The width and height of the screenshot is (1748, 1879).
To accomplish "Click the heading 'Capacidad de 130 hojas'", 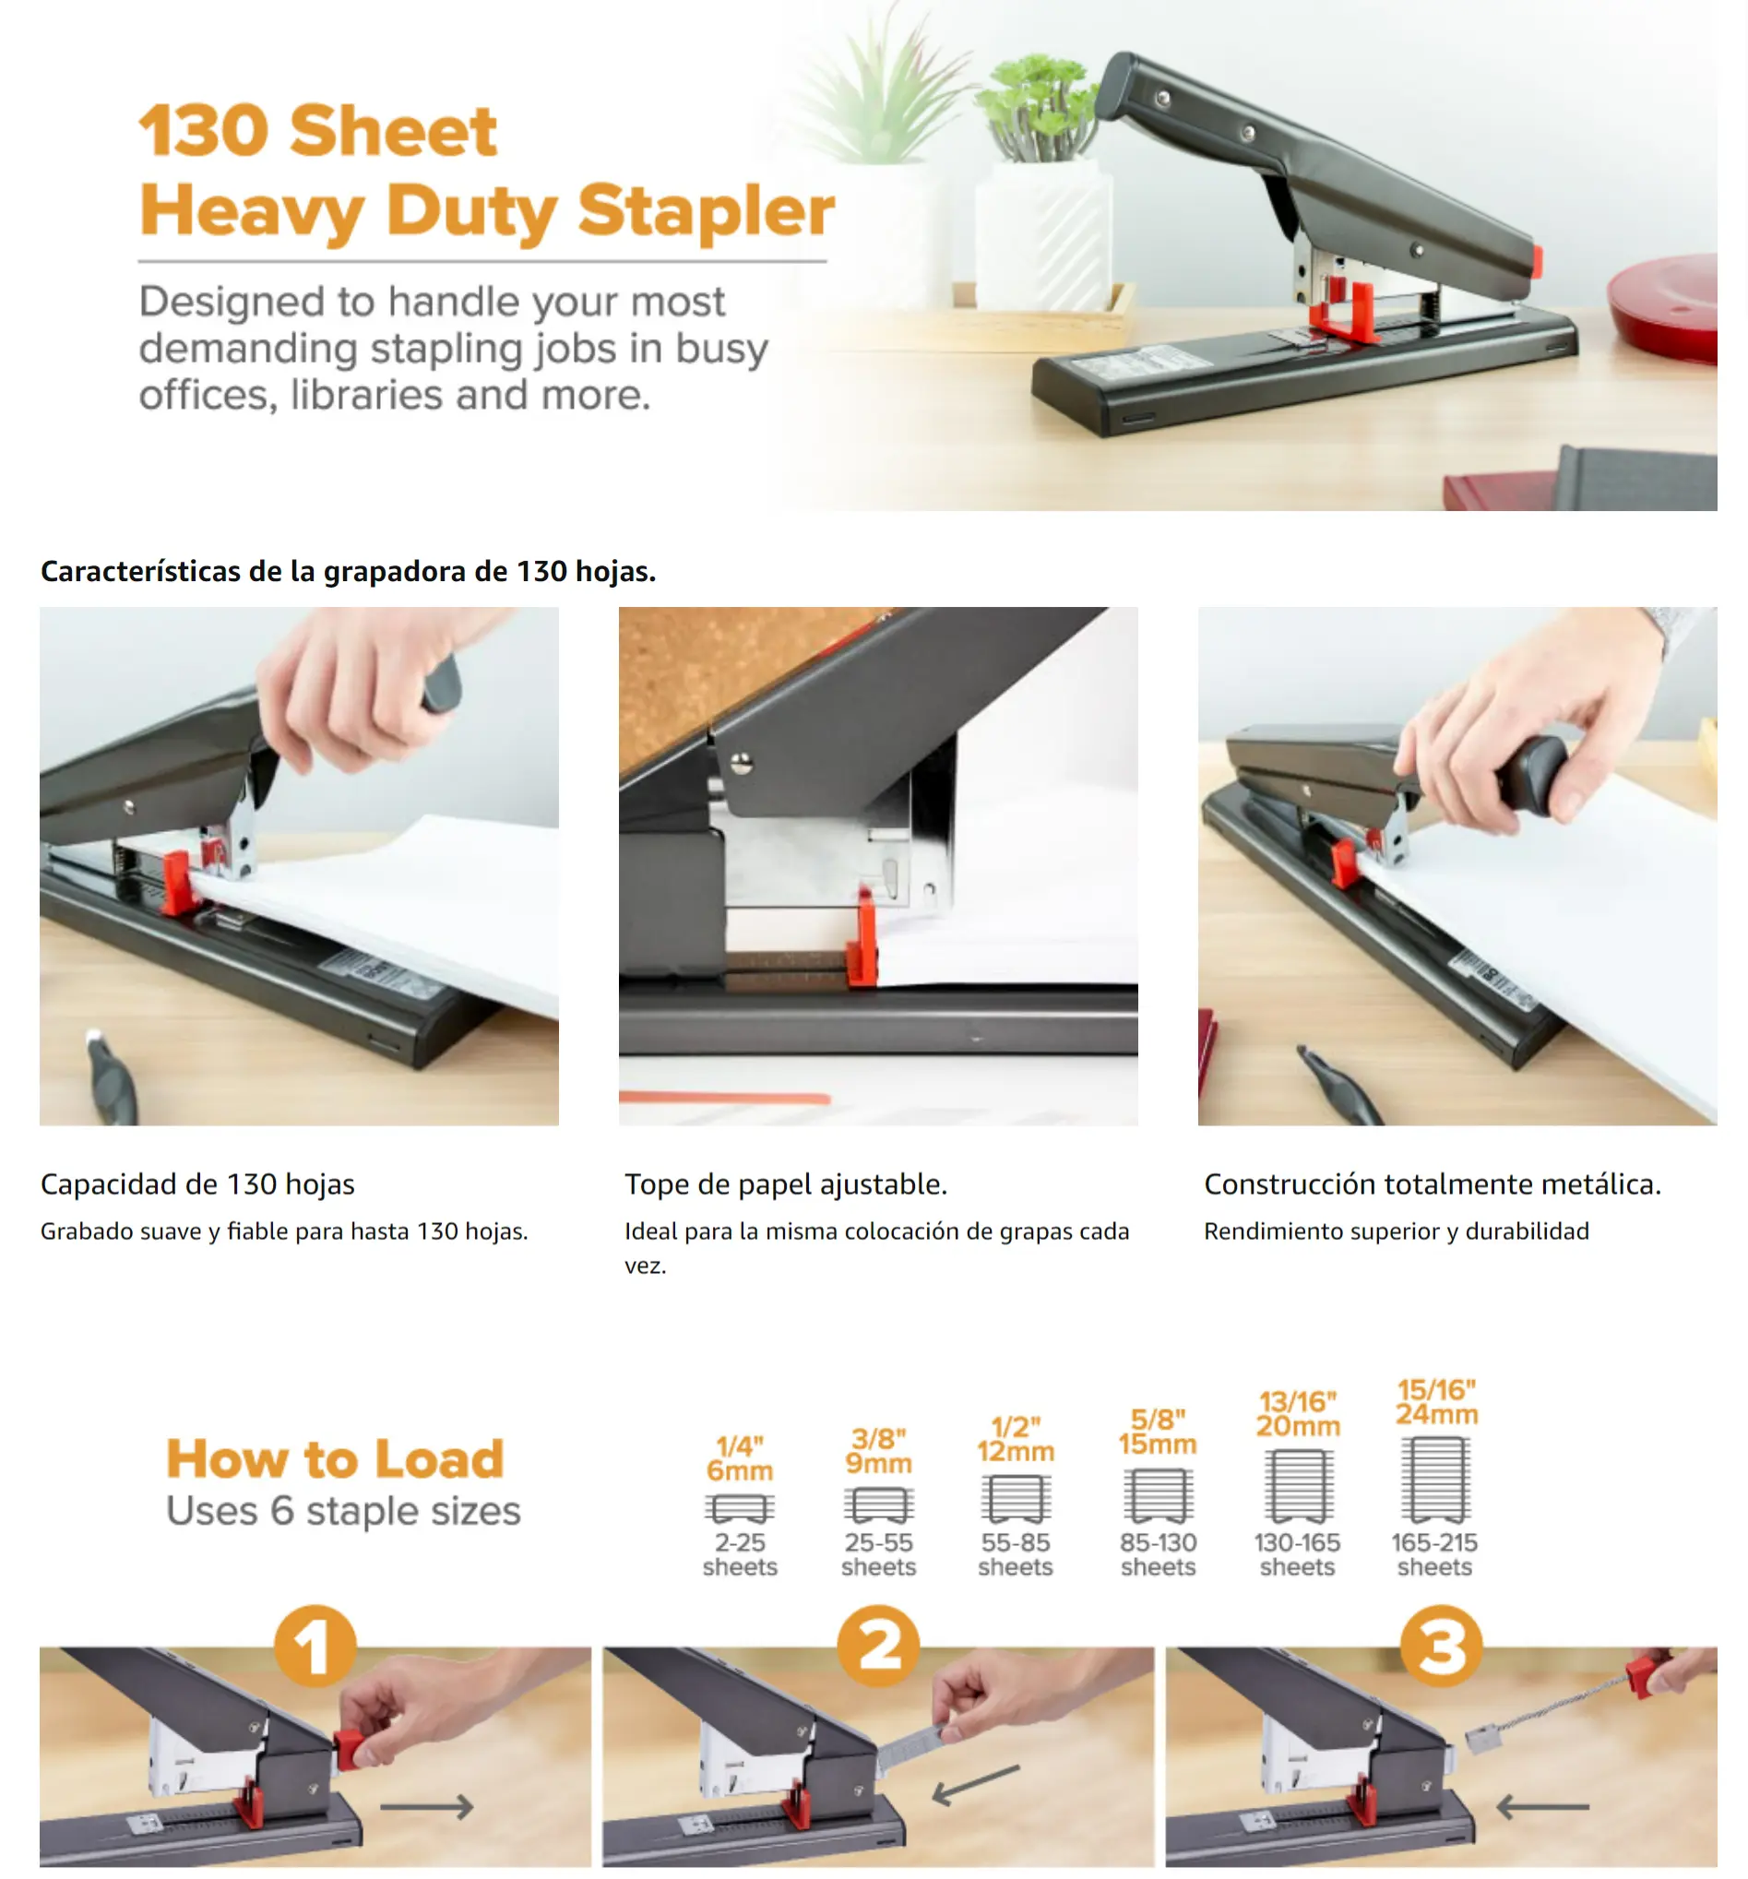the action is coord(197,1184).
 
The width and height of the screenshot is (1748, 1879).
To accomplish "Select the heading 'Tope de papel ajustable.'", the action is coord(786,1184).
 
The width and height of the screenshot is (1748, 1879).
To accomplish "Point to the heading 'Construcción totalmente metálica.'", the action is coord(1433,1184).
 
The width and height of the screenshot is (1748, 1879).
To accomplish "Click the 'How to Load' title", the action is coord(336,1458).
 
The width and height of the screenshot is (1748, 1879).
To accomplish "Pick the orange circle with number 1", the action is coord(315,1647).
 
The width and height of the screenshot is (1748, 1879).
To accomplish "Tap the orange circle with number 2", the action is coord(878,1647).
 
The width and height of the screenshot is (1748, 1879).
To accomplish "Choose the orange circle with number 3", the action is coord(1441,1647).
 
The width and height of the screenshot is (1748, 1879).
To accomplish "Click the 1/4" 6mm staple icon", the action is coord(739,1508).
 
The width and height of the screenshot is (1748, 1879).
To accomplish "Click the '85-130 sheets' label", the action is coord(1158,1555).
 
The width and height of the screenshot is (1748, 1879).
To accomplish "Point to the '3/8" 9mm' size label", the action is coord(878,1451).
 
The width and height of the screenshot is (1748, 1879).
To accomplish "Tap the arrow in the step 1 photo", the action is coord(426,1806).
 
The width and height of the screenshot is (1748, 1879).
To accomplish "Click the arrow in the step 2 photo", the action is coord(976,1785).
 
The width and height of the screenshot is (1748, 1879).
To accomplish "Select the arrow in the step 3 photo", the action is coord(1543,1806).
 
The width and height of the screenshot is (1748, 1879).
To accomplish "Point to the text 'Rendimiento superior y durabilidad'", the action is coord(1397,1231).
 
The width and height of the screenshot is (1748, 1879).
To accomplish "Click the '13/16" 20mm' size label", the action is coord(1298,1413).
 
